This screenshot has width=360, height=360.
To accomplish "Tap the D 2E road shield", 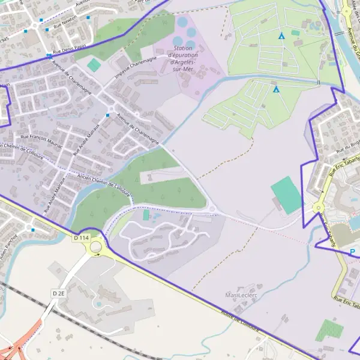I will click(58, 293).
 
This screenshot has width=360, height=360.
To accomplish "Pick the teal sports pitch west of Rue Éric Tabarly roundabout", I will click(286, 195).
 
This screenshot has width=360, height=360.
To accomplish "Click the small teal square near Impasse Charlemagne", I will click(94, 64).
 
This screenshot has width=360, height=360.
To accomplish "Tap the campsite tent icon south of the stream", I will click(276, 89).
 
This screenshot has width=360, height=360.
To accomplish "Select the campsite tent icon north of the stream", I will click(281, 35).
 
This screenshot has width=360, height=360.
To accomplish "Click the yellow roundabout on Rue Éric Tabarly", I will click(318, 208).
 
